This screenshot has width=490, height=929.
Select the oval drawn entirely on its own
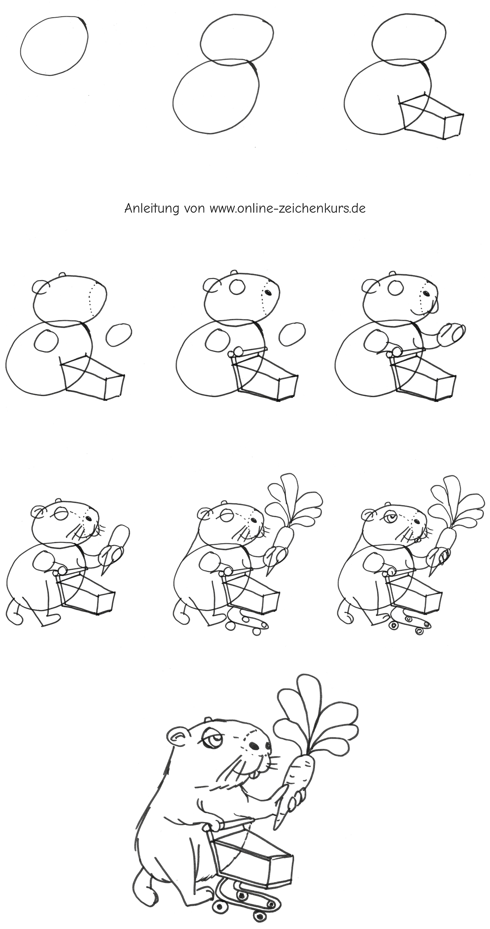(x=55, y=45)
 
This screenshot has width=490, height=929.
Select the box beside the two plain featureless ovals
(x=431, y=116)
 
